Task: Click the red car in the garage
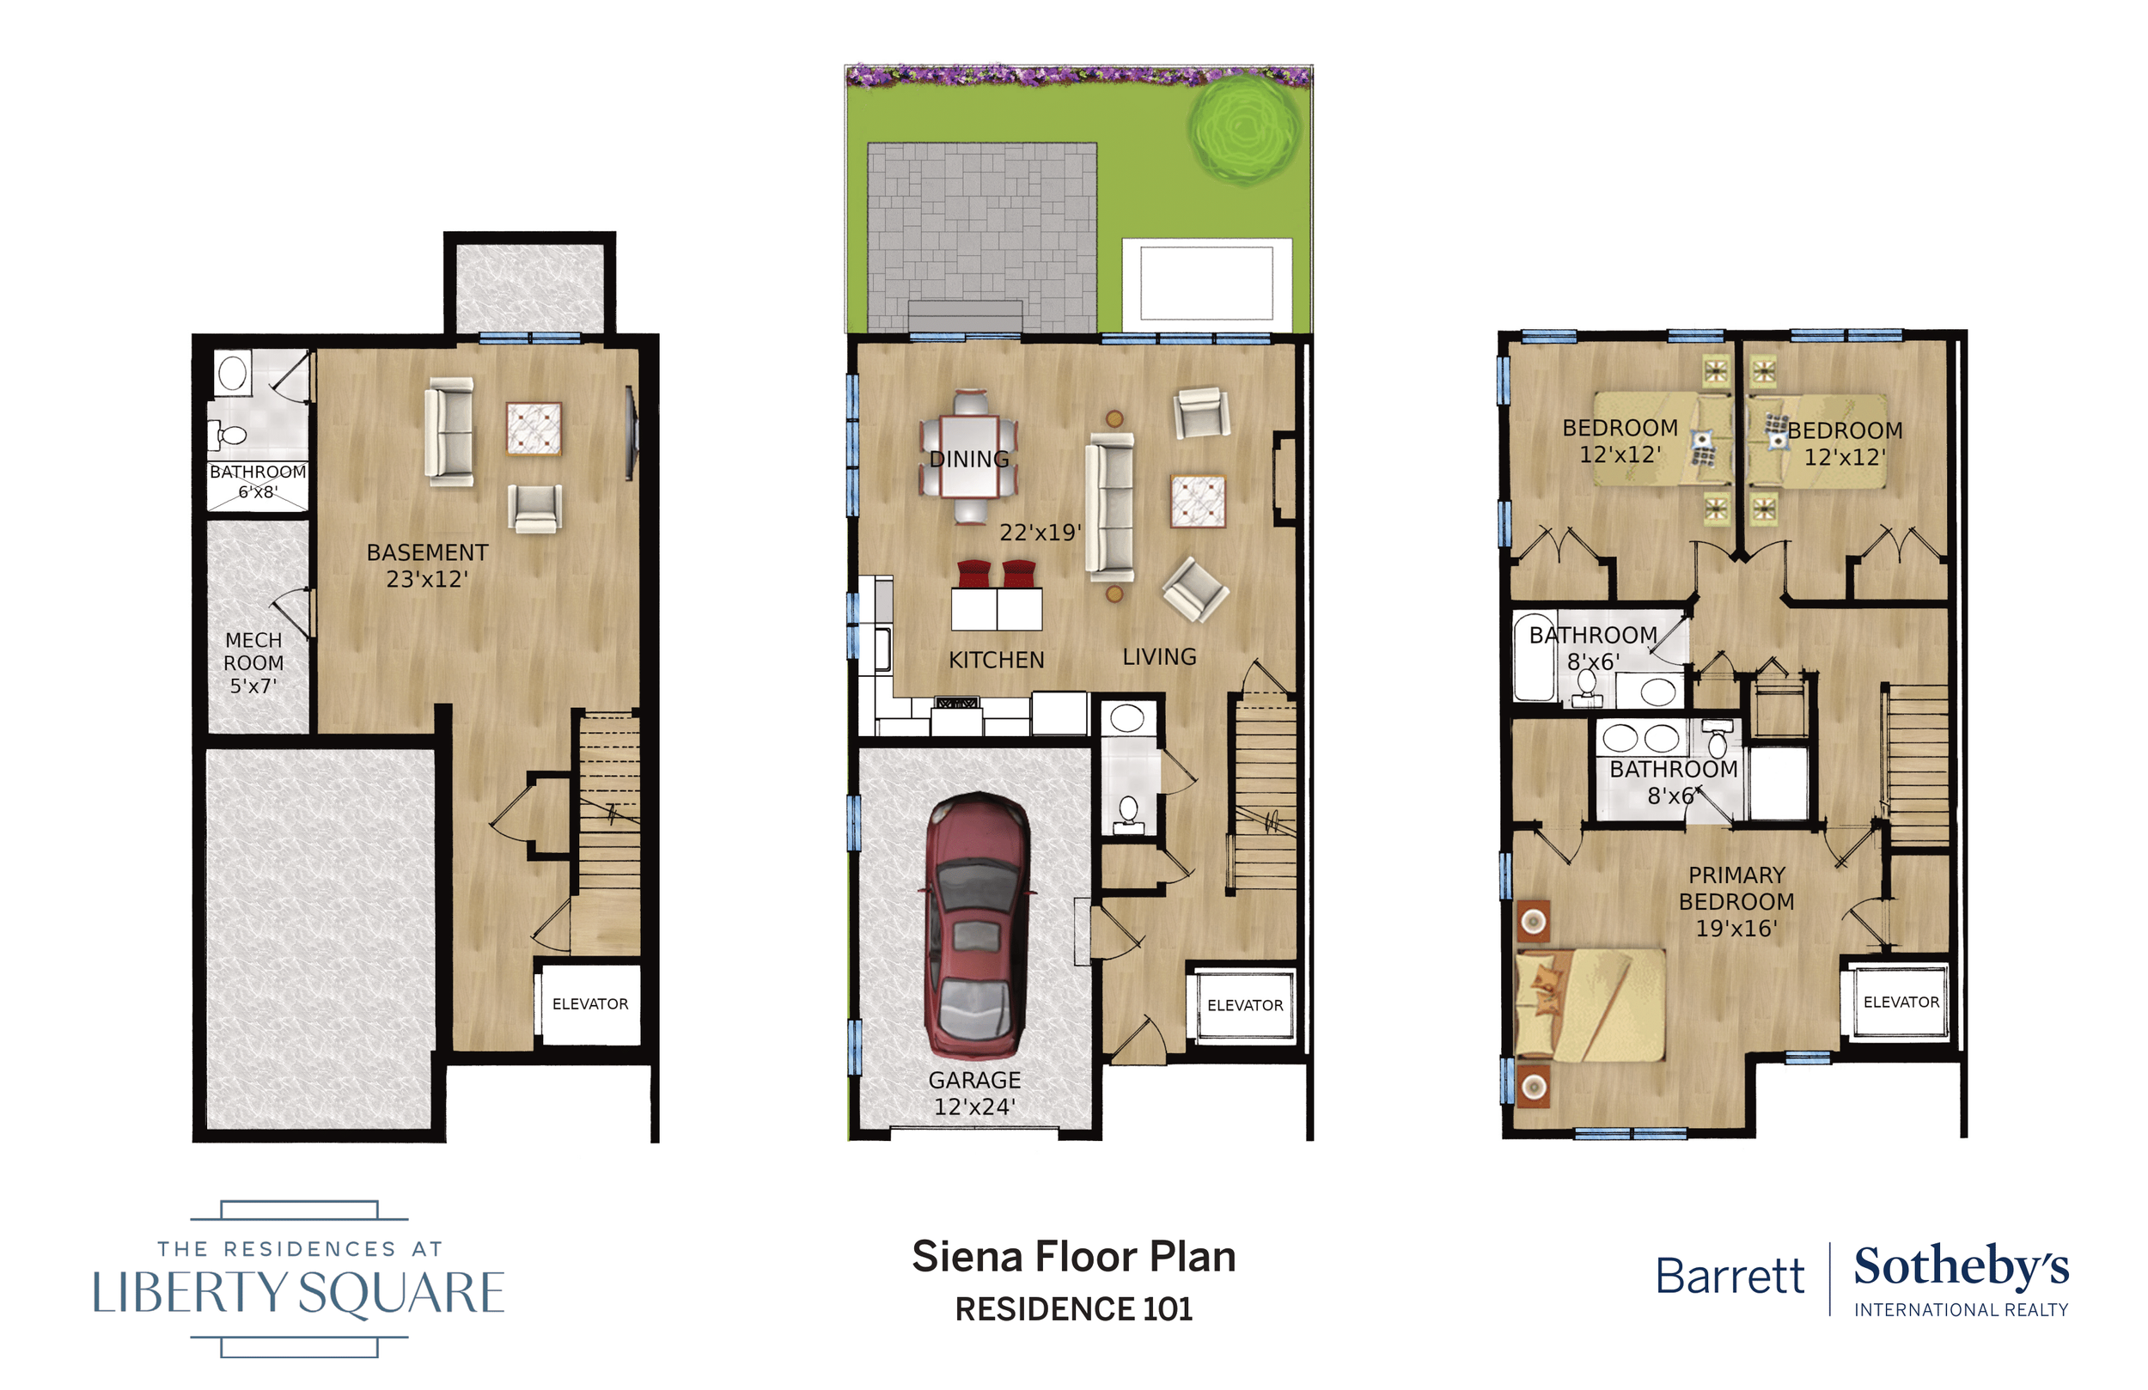[x=978, y=925]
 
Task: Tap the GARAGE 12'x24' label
[x=974, y=1093]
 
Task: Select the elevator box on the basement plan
[x=590, y=1004]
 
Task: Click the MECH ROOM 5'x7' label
[x=253, y=662]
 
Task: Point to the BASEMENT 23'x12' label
[x=427, y=565]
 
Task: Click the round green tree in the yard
[x=1245, y=129]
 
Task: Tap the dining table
[x=969, y=457]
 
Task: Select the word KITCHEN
[x=997, y=660]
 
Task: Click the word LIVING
[x=1160, y=657]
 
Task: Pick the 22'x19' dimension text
[x=1040, y=533]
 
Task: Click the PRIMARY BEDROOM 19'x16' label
[x=1736, y=901]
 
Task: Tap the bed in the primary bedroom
[x=1590, y=1003]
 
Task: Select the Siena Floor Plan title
[x=1073, y=1257]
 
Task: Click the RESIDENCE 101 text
[x=1074, y=1308]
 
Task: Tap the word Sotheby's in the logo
[x=1962, y=1267]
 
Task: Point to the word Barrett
[x=1730, y=1277]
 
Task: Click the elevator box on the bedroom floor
[x=1901, y=1003]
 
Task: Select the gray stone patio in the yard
[x=982, y=237]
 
